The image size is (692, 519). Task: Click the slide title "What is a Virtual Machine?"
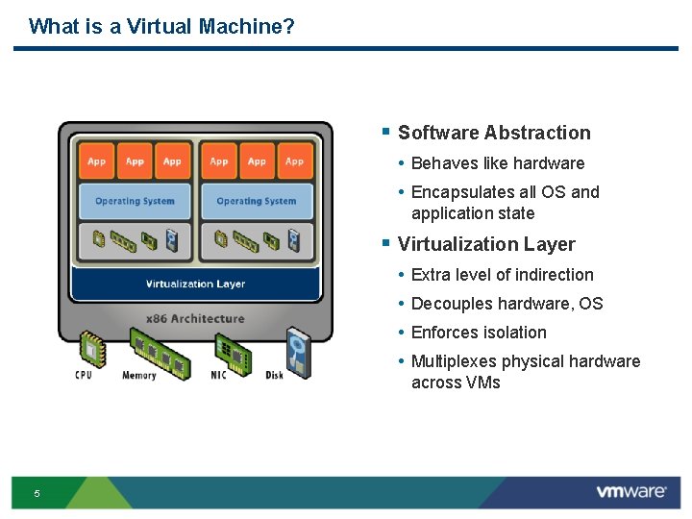click(161, 26)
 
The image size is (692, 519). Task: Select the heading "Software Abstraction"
click(494, 133)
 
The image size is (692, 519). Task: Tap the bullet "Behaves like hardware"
click(497, 163)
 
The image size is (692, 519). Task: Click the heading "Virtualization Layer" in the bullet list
click(486, 244)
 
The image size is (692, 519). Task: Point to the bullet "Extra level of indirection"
click(502, 275)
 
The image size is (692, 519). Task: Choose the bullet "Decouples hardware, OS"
click(507, 304)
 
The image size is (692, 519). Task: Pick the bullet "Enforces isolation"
click(479, 333)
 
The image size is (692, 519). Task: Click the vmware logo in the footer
click(630, 492)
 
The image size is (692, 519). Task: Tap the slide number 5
click(37, 493)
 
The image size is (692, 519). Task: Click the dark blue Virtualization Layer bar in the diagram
click(195, 284)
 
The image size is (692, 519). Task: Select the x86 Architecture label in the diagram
click(195, 318)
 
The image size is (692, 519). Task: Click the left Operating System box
click(135, 201)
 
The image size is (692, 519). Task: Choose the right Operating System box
click(257, 201)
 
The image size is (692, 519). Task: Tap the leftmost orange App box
click(97, 161)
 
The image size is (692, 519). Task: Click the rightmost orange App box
click(294, 161)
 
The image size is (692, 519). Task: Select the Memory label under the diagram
click(139, 375)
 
